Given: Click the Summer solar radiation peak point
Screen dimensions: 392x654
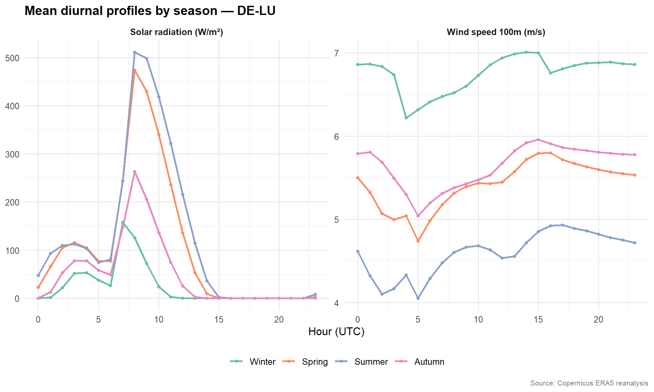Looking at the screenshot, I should (135, 52).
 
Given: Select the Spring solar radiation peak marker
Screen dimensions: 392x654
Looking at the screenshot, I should (135, 70).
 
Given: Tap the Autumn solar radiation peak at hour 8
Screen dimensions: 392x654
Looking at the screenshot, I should (135, 172).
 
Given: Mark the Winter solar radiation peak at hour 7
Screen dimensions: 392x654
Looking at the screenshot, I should (123, 223).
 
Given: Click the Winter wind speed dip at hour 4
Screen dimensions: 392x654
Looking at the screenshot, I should (406, 118).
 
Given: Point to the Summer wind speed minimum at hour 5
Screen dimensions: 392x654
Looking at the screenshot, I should (418, 298).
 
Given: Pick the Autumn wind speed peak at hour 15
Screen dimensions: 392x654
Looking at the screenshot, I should (538, 140).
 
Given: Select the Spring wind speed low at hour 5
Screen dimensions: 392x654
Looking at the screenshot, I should (418, 241).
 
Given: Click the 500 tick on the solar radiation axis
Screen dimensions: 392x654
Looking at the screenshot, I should (12, 58).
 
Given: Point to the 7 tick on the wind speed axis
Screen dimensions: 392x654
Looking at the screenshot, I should (336, 53).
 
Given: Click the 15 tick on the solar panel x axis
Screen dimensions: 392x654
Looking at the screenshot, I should (219, 320).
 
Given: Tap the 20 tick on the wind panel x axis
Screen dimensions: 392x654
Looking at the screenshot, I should (598, 320).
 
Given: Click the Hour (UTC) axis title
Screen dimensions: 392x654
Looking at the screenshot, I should (336, 332).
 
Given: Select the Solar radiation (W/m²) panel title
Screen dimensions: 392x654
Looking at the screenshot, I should (176, 32).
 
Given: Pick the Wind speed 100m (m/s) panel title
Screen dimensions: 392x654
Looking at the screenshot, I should (496, 32).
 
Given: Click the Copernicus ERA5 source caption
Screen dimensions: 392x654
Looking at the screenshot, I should (589, 383).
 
